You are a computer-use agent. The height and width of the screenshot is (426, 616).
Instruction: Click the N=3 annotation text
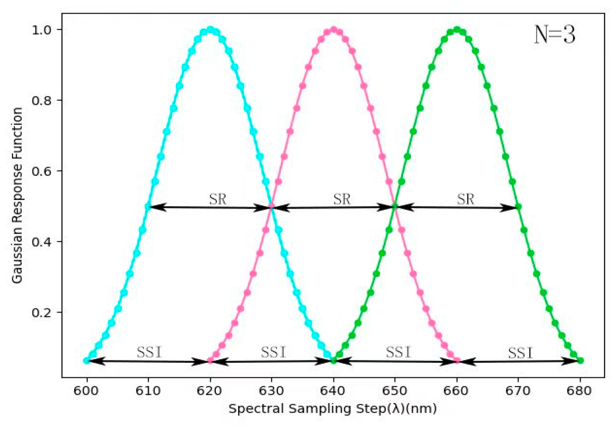coord(555,35)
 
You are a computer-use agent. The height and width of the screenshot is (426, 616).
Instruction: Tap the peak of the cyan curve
coord(210,30)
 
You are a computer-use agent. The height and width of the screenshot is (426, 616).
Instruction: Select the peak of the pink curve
coord(333,30)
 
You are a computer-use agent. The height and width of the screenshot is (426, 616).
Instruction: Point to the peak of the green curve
coord(457,30)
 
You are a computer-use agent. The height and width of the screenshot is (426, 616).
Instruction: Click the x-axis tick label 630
coord(271,391)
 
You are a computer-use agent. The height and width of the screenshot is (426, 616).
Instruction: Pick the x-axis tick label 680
coord(580,391)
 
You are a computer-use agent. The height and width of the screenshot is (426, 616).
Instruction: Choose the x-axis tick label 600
coord(86,391)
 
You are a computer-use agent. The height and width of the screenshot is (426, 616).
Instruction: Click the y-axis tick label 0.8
coord(41,100)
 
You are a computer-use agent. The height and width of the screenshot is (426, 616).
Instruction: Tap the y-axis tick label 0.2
coord(41,312)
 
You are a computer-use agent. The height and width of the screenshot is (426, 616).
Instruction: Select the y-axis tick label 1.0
coord(41,30)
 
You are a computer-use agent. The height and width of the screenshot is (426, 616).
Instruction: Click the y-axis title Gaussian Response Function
coord(17,195)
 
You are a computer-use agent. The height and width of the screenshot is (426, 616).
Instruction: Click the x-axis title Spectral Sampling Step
coord(333,409)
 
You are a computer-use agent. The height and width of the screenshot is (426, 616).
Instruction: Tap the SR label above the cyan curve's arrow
coord(218,199)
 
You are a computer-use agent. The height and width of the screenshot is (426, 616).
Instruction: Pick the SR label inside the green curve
coord(465,199)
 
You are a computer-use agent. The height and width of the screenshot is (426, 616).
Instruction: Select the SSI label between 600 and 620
coord(149,352)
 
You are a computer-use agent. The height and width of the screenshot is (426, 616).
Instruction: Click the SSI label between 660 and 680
coord(520,353)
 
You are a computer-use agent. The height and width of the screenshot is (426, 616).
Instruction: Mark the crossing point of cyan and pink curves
coord(271,207)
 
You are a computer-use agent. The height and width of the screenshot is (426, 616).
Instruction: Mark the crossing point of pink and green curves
coord(395,207)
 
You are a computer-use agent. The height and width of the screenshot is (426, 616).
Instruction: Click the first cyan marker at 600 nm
coord(86,360)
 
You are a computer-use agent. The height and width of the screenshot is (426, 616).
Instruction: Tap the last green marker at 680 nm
coord(580,360)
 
